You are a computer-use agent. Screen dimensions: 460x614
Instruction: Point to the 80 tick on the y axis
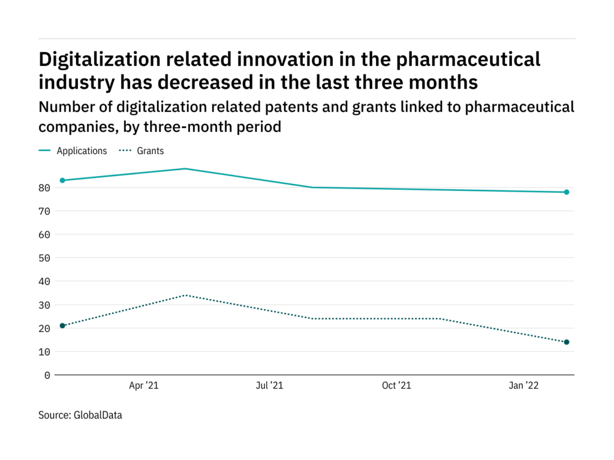(x=44, y=187)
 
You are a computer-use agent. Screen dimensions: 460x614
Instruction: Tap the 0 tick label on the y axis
(x=47, y=375)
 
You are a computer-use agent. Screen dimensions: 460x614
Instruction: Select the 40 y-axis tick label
(x=44, y=281)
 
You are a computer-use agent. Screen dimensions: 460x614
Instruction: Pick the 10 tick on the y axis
(x=44, y=352)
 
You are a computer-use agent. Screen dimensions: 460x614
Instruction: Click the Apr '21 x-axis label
(x=144, y=386)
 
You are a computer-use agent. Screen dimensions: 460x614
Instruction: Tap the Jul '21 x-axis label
(x=269, y=386)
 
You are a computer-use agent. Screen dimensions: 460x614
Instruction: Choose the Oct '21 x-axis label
(x=396, y=386)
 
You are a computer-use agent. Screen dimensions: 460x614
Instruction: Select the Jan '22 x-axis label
(x=524, y=386)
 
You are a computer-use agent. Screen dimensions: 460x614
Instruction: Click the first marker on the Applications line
(x=62, y=180)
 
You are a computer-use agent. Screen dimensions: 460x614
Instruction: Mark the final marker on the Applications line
(x=566, y=192)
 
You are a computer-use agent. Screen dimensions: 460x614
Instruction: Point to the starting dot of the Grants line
(x=62, y=326)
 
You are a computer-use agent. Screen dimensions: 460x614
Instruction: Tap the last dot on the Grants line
(x=566, y=342)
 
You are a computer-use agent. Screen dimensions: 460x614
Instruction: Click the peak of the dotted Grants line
(x=186, y=295)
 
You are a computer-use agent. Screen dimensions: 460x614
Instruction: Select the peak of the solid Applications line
(x=186, y=169)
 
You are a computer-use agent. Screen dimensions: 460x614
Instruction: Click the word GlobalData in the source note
(x=98, y=414)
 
